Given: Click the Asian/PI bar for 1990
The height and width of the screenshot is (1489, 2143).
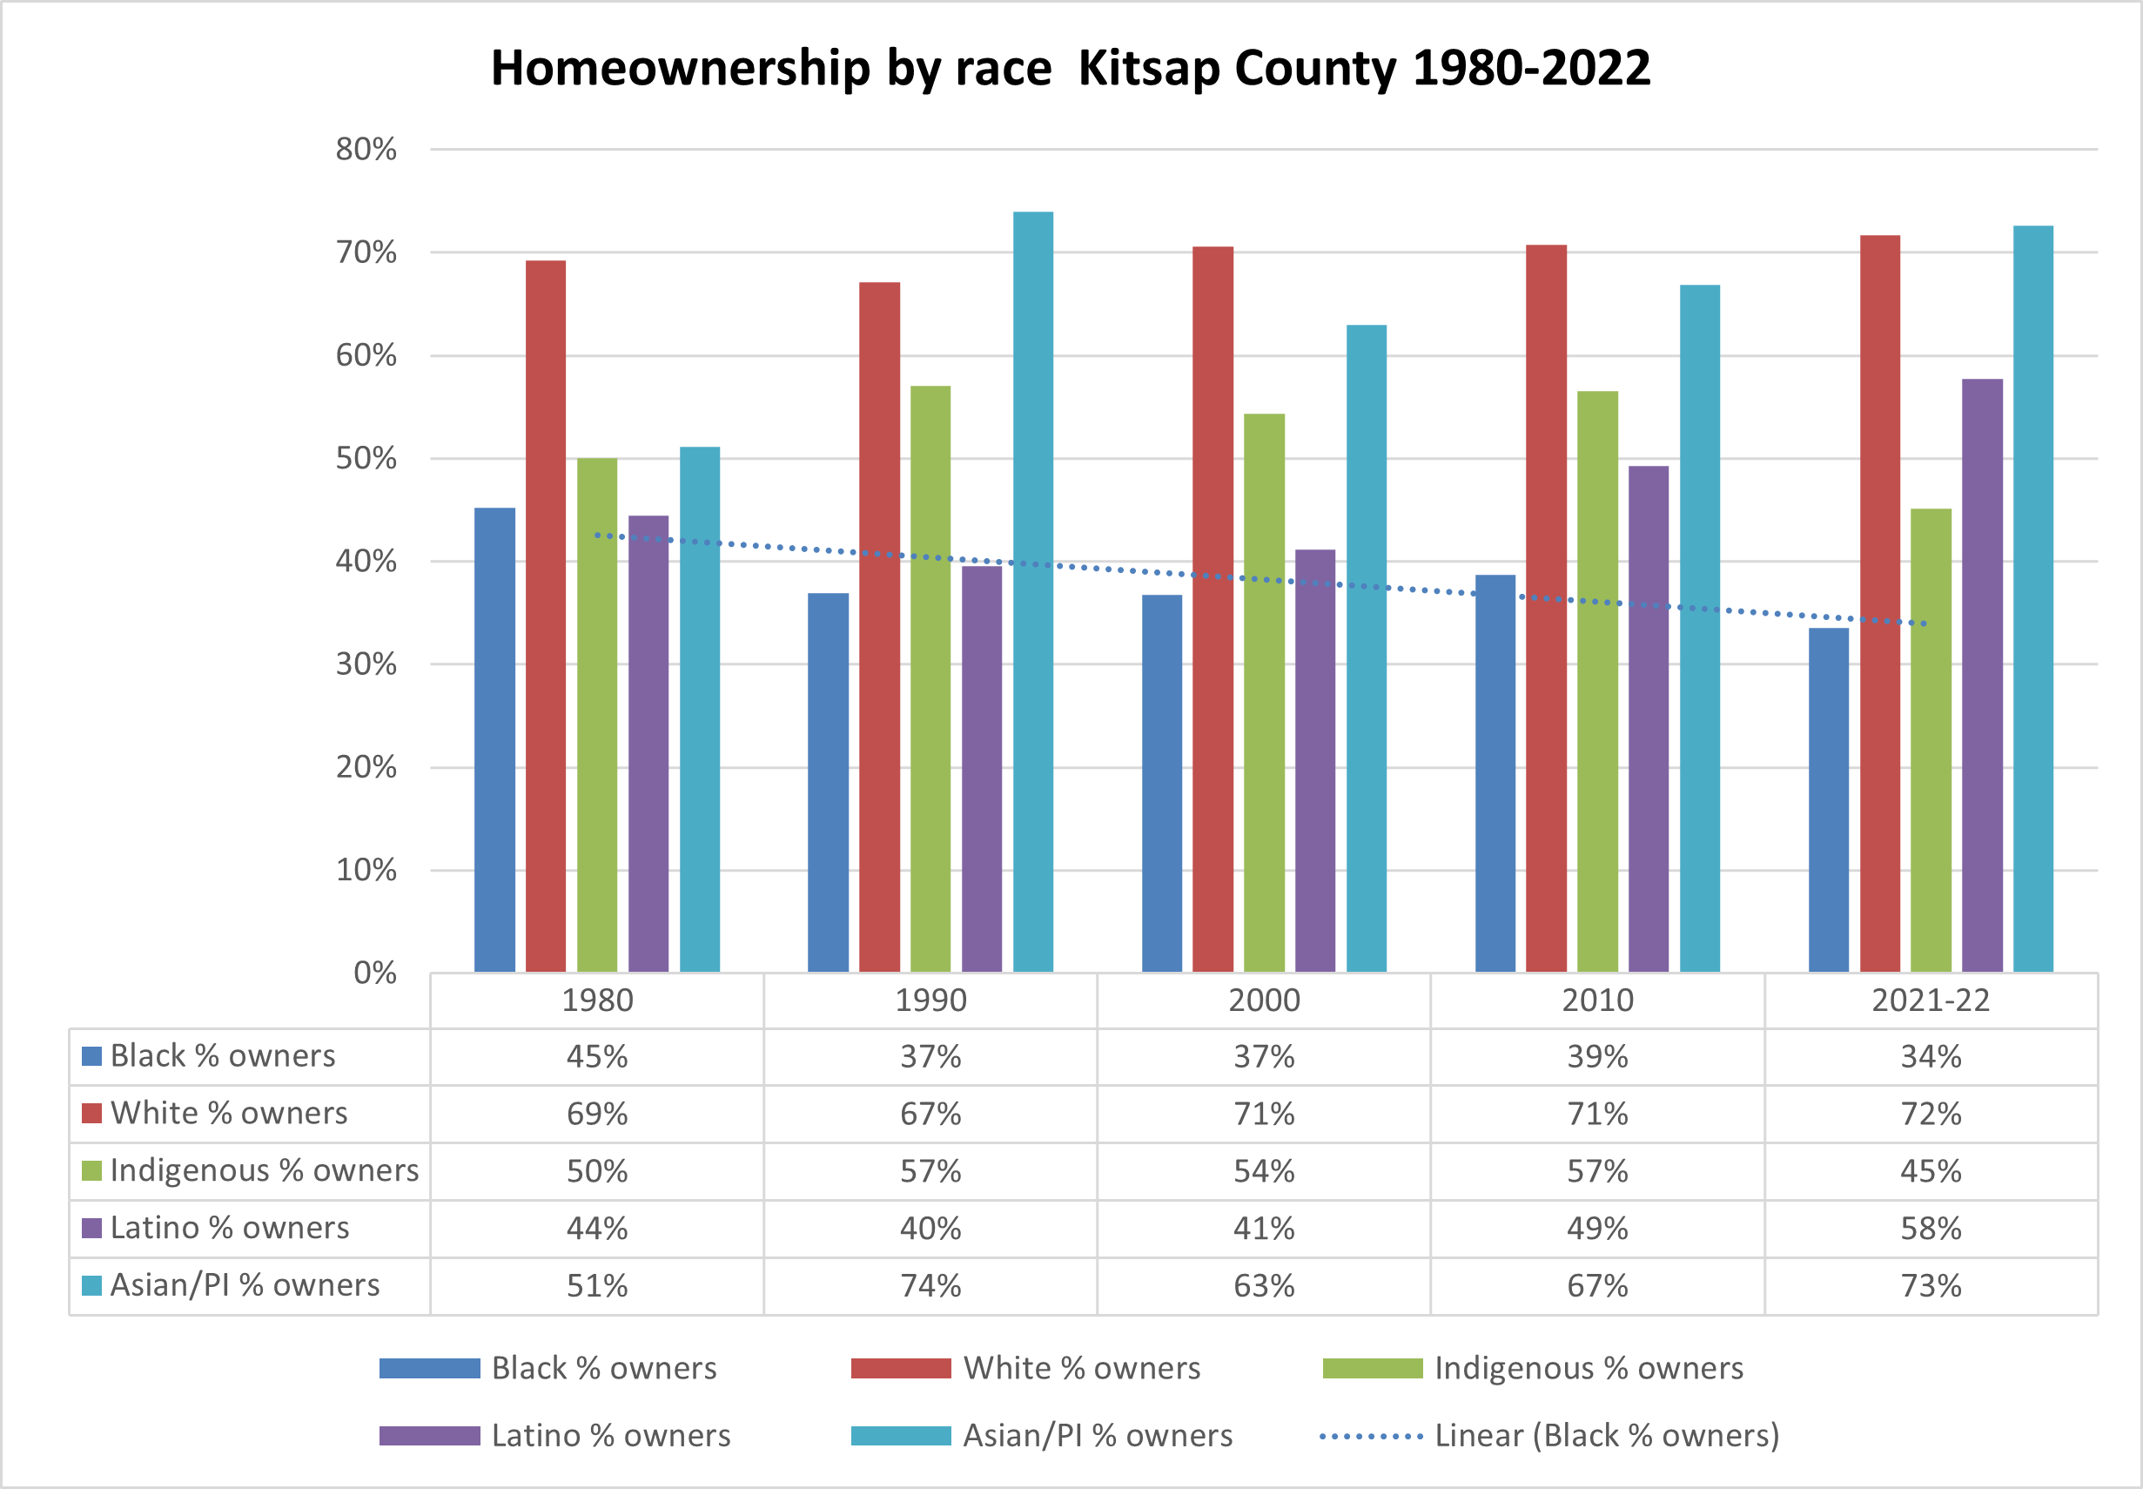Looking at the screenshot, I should click(1032, 591).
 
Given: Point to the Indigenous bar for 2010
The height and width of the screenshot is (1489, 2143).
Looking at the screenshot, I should click(1597, 681).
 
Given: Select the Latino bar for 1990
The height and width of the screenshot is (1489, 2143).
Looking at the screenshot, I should click(982, 769).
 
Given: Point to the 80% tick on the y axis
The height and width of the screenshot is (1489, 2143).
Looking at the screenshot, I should click(366, 149).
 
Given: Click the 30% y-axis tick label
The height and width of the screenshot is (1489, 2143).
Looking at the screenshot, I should click(366, 664).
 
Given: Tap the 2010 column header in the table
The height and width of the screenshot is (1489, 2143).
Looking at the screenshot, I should click(1597, 1001).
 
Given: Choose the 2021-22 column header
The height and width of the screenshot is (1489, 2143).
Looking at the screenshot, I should click(1931, 1001).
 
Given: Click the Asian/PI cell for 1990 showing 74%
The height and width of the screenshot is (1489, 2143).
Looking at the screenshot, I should click(930, 1285).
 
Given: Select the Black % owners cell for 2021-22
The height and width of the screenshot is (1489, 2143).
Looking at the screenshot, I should click(1931, 1056).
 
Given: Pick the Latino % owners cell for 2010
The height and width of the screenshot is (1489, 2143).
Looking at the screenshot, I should click(1597, 1228).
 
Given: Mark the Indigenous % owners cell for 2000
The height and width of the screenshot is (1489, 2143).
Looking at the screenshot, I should click(1264, 1171).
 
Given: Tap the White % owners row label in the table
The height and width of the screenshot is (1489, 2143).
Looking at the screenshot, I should click(228, 1113).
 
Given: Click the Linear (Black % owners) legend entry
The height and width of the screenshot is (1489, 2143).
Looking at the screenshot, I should click(1606, 1435).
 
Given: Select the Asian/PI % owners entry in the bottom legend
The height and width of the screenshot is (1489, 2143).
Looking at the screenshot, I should click(1097, 1435).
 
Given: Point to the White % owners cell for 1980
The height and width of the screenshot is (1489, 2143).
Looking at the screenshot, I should click(597, 1114).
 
